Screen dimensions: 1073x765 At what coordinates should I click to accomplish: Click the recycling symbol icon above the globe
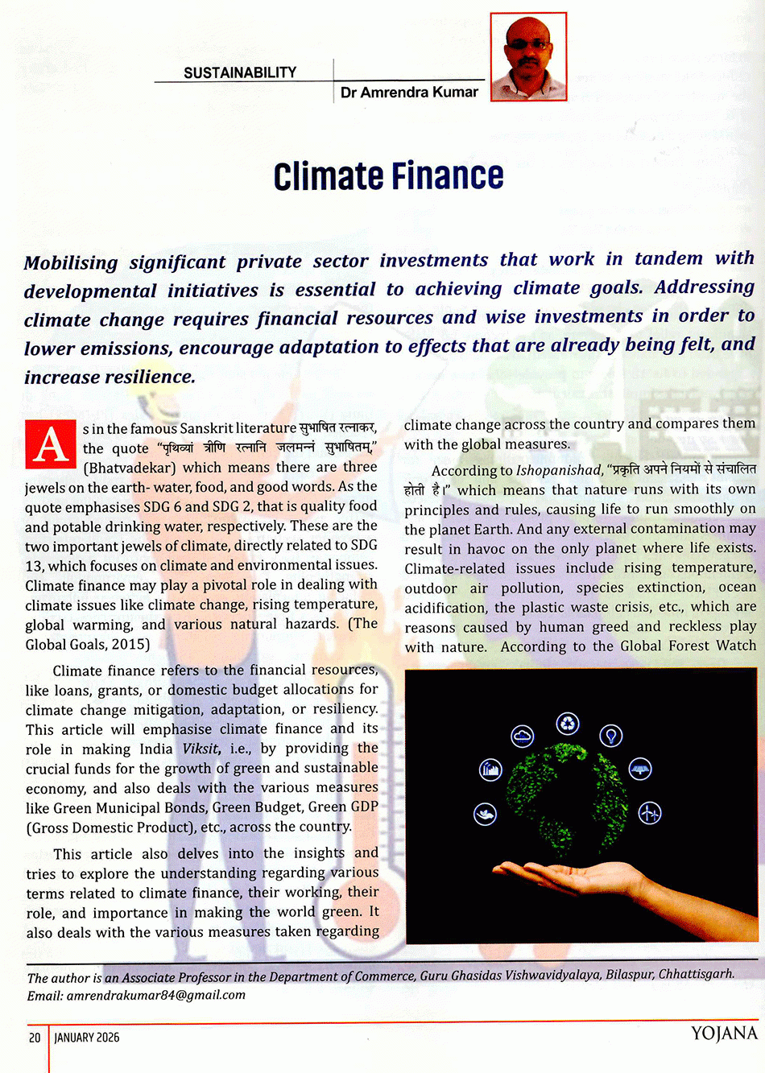click(568, 723)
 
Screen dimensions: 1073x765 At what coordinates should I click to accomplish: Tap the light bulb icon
click(611, 735)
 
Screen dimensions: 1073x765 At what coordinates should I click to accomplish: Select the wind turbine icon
click(649, 813)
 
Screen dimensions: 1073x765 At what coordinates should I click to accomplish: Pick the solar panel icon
click(639, 770)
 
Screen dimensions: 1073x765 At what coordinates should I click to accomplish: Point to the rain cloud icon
click(523, 736)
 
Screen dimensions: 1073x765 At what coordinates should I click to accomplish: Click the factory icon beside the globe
click(490, 770)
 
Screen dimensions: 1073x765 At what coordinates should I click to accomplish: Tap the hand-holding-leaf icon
click(485, 814)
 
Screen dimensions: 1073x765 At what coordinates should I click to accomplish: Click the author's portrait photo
click(528, 56)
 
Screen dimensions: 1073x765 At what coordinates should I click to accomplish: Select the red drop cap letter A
click(50, 444)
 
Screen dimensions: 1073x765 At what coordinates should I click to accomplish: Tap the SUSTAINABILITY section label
click(240, 72)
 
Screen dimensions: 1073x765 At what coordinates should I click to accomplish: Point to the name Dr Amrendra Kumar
click(409, 93)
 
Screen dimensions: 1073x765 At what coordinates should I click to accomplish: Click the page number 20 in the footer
click(35, 1038)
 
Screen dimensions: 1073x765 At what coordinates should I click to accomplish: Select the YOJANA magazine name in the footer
click(724, 1034)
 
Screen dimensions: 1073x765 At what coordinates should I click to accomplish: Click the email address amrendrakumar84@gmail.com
click(156, 995)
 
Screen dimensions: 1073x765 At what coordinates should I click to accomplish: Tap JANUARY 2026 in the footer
click(87, 1038)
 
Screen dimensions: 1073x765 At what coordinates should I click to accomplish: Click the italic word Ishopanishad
click(558, 470)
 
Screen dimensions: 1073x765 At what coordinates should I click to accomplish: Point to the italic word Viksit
click(201, 749)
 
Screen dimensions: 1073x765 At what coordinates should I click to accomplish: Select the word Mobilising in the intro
click(71, 262)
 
